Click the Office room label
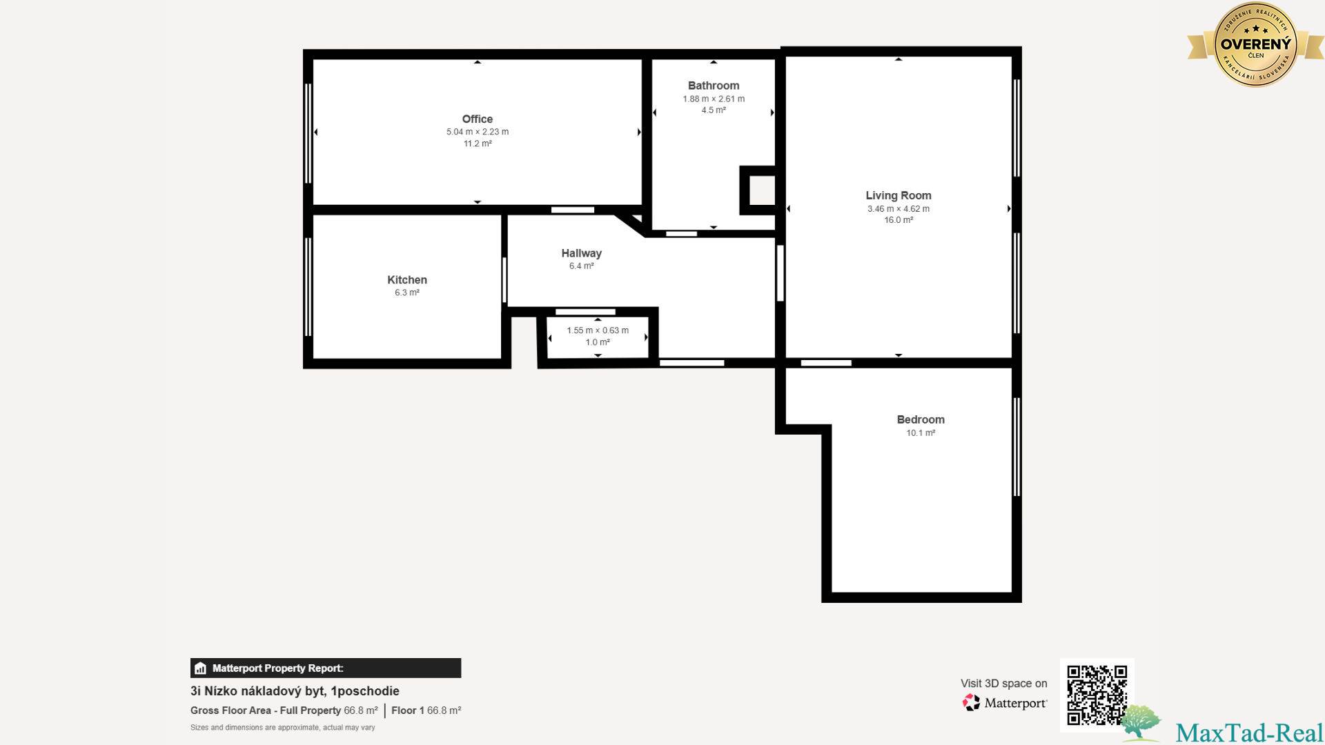(x=477, y=119)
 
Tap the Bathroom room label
(x=714, y=86)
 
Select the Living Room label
(x=899, y=195)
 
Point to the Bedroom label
(x=921, y=419)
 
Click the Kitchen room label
(x=407, y=279)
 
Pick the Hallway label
(x=581, y=253)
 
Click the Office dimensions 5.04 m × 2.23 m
(x=478, y=132)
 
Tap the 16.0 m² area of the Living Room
(x=899, y=220)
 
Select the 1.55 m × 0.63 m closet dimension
(x=598, y=330)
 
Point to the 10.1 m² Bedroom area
(x=921, y=433)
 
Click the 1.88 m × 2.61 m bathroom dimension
(x=714, y=99)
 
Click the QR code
(x=1097, y=695)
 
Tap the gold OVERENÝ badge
(x=1255, y=44)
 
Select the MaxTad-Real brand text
(x=1249, y=733)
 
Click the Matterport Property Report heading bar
(x=326, y=668)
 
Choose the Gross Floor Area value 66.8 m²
(x=361, y=711)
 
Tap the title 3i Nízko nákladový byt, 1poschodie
(x=295, y=691)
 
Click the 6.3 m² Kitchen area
(x=407, y=292)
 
